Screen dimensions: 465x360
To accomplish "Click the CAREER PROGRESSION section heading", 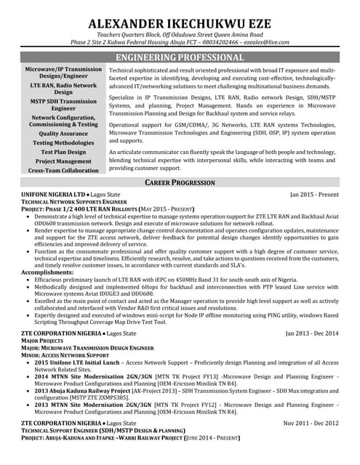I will coord(180,182).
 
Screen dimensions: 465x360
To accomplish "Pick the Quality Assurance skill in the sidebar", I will coord(63,134).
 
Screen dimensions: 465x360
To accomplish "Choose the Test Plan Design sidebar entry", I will coord(63,152).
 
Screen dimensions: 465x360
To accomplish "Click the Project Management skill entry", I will coord(63,161).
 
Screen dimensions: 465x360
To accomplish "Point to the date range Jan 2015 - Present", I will coord(314,195).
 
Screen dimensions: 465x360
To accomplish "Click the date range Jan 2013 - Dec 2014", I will coord(312,333).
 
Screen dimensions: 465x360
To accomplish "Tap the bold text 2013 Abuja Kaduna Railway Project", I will coord(81,389).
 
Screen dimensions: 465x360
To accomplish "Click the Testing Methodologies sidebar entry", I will coord(63,143).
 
